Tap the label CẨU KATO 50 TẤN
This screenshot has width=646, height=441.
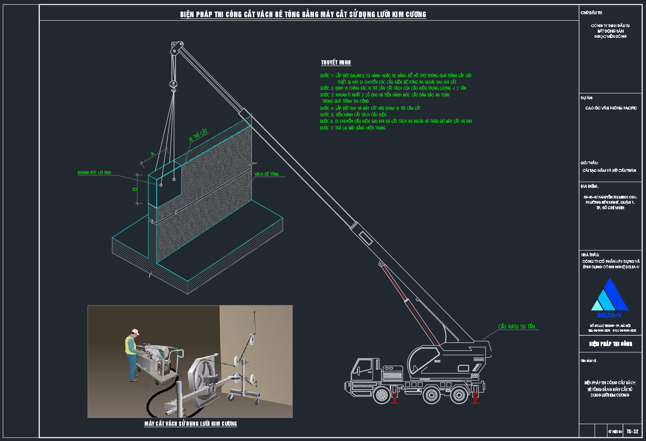[x=516, y=327]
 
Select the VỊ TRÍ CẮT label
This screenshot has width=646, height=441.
[x=198, y=136]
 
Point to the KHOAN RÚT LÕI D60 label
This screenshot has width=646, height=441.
[x=94, y=173]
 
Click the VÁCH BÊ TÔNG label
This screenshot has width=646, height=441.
[x=267, y=174]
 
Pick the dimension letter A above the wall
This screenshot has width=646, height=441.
[x=153, y=154]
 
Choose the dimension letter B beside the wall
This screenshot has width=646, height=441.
[x=135, y=189]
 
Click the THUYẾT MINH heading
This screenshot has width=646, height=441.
[x=336, y=63]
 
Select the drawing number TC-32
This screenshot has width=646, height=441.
[x=632, y=431]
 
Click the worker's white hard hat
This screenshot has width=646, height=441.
[x=135, y=332]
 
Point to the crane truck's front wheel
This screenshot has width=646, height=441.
[x=382, y=395]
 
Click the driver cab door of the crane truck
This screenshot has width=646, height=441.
[x=364, y=369]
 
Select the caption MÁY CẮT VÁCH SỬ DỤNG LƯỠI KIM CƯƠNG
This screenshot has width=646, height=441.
[x=190, y=423]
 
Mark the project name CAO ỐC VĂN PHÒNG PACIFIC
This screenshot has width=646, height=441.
[x=611, y=108]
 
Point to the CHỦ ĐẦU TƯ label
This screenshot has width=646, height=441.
[x=591, y=13]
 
